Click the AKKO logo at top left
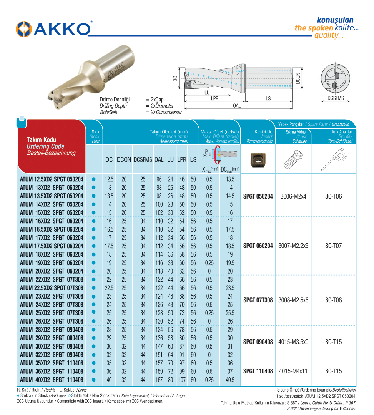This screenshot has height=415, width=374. click(54, 29)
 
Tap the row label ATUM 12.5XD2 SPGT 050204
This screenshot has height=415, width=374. click(52, 179)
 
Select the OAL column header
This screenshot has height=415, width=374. click(159, 159)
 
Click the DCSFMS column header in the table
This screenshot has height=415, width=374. click(143, 159)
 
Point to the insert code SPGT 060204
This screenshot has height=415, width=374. click(258, 246)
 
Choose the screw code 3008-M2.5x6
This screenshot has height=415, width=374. click(293, 300)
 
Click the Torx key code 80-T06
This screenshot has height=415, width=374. click(333, 196)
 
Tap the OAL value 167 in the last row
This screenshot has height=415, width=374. click(159, 380)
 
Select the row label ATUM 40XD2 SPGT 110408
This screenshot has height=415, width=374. click(52, 380)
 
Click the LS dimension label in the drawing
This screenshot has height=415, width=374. click(268, 99)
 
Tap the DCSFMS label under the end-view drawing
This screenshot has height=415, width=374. click(336, 98)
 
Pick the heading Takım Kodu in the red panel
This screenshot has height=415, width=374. click(41, 139)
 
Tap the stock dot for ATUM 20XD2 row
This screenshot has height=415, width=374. click(93, 271)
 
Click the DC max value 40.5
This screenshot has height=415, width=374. click(230, 380)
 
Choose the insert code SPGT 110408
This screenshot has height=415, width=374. click(258, 371)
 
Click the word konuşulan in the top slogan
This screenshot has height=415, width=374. click(335, 20)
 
